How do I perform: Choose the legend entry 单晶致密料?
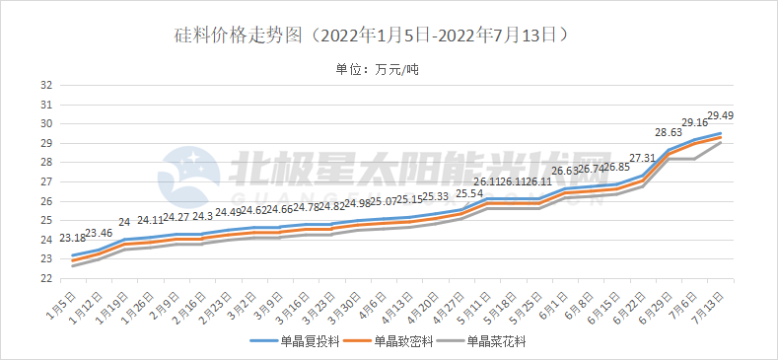click(404, 342)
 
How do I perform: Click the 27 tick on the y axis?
click(45, 181)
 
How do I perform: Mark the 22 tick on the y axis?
click(45, 278)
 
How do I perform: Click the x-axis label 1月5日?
click(61, 298)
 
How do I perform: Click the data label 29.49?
click(720, 116)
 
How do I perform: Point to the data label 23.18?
click(72, 239)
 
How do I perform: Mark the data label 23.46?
click(99, 234)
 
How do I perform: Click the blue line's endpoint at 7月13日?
click(721, 133)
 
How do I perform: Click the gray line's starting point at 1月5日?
click(72, 265)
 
